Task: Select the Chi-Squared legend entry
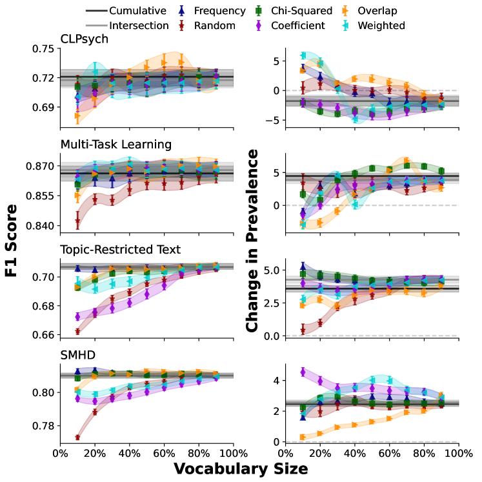[x=302, y=11]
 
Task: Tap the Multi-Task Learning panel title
[x=115, y=143]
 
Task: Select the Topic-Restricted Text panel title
[x=120, y=249]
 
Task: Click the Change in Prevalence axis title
[x=253, y=241]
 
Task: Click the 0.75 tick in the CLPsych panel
[x=43, y=48]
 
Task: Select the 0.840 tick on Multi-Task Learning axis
[x=41, y=226]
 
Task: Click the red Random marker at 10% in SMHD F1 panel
[x=77, y=437]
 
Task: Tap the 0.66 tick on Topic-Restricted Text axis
[x=43, y=335]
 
